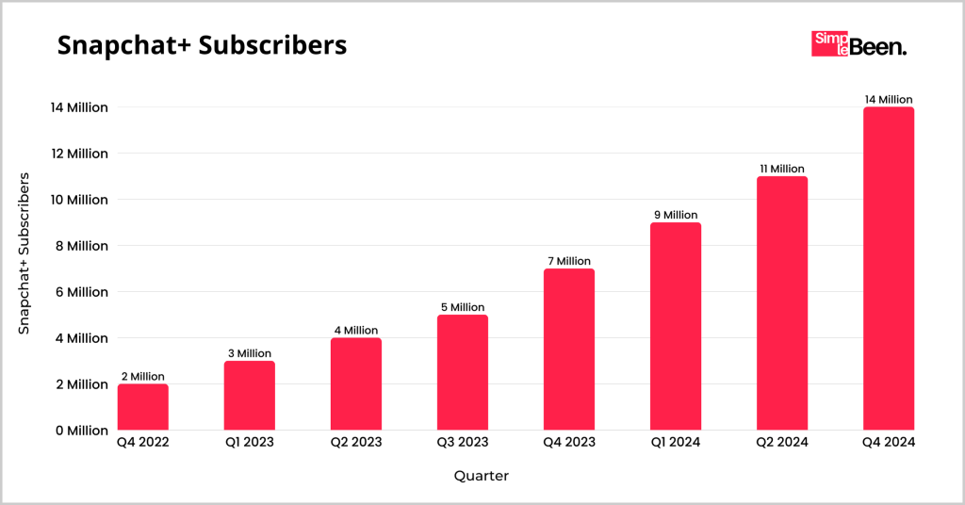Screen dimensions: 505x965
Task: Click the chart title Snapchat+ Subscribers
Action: tap(202, 45)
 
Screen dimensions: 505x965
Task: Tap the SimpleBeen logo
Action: tap(859, 44)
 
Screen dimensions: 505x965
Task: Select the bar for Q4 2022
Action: tap(143, 407)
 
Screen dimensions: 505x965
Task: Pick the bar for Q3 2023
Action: tap(463, 372)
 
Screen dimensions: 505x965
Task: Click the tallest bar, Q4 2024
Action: tap(889, 269)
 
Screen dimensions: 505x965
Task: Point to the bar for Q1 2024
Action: tap(676, 326)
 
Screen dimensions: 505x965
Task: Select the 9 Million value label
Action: tap(676, 215)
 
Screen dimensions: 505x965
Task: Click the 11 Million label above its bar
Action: tap(782, 169)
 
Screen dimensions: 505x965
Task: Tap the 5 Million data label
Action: tap(463, 307)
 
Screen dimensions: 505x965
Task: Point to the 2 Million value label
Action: tap(143, 377)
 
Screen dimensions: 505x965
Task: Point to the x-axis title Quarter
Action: tap(481, 476)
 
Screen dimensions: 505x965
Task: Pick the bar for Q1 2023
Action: tap(250, 396)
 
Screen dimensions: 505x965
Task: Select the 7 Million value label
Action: tap(569, 261)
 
